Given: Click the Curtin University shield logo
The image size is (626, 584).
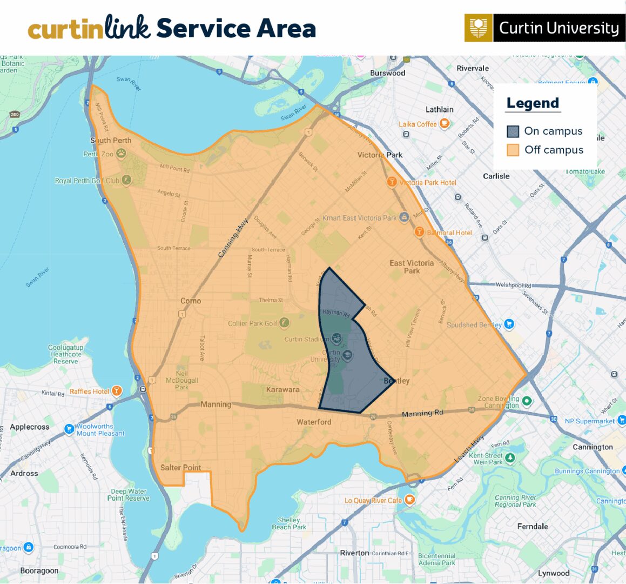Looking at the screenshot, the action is point(478,28).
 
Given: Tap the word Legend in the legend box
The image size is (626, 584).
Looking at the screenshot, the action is point(533,103).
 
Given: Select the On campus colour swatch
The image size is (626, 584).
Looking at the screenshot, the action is point(513,131).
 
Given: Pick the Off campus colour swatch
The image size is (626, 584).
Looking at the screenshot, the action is point(513,150).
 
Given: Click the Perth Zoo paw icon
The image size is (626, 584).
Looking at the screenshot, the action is point(121,154).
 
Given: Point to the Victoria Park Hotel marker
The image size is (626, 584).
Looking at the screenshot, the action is point(392,182).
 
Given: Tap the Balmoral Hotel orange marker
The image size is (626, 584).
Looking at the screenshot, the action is point(419,233).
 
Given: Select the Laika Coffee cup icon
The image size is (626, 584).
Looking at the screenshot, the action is point(444,124).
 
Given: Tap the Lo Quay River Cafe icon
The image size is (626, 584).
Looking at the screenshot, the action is point(409,500).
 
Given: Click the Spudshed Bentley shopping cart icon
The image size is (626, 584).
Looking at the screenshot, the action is point(509,324).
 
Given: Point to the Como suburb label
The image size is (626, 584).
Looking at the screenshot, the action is point(191,301).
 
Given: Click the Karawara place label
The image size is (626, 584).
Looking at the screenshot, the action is point(282,389).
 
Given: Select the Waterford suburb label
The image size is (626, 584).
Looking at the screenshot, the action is point(314,422).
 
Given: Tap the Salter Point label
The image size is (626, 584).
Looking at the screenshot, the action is point(180,467).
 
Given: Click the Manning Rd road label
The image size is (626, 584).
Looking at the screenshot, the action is point(422,414).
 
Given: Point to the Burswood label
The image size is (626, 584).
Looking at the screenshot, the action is point(387,73).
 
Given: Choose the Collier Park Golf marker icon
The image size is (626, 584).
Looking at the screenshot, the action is point(284,323).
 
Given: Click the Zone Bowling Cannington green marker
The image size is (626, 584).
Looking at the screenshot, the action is point(527,401).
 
